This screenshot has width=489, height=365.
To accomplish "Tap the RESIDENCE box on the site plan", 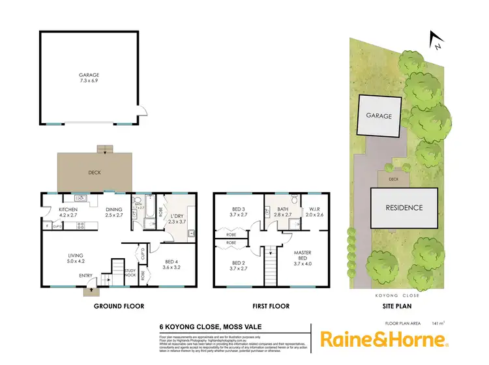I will pyautogui.click(x=405, y=208).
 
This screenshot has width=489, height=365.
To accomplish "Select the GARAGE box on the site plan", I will pyautogui.click(x=378, y=116).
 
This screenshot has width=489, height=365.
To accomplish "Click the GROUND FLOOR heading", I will pyautogui.click(x=119, y=306).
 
